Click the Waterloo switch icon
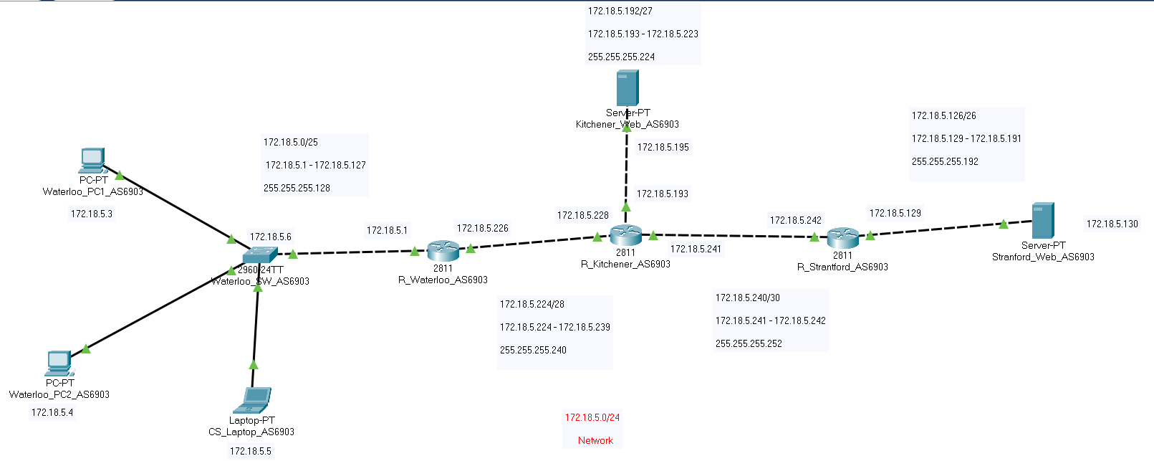pyautogui.click(x=259, y=256)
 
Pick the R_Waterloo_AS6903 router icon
pyautogui.click(x=443, y=251)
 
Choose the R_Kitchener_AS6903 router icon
pyautogui.click(x=625, y=234)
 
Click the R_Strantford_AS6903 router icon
pyautogui.click(x=842, y=237)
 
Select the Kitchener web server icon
pyautogui.click(x=628, y=88)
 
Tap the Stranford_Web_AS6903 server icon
pyautogui.click(x=1042, y=221)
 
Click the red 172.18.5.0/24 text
pyautogui.click(x=592, y=417)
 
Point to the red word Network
pyautogui.click(x=595, y=440)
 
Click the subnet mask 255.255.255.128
pyautogui.click(x=297, y=188)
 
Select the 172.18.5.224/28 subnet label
pyautogui.click(x=532, y=304)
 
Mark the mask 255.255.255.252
pyautogui.click(x=749, y=343)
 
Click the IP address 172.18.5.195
pyautogui.click(x=663, y=147)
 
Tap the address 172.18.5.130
pyautogui.click(x=1112, y=224)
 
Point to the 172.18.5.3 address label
pyautogui.click(x=92, y=214)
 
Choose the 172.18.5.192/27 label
pyautogui.click(x=620, y=11)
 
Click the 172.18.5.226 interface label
pyautogui.click(x=483, y=228)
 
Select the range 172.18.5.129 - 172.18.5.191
pyautogui.click(x=966, y=138)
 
